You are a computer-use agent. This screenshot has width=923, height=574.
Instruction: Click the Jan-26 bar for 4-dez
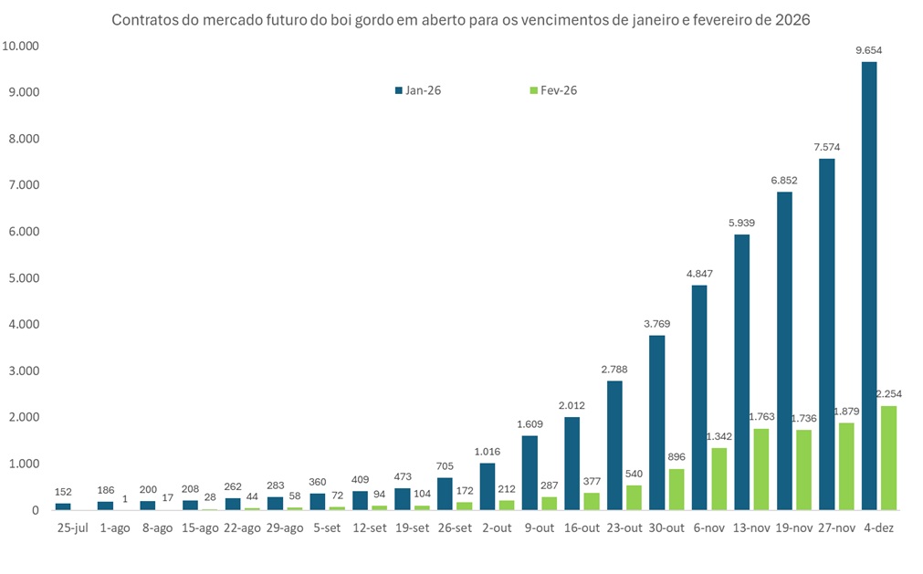869,286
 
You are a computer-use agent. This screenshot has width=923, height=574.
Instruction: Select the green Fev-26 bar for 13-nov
761,469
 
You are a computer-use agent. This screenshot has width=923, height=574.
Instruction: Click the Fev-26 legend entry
553,90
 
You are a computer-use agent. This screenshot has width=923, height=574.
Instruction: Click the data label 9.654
868,50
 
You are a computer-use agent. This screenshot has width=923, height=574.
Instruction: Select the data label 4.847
699,274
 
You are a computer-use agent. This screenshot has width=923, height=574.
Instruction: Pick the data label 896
677,456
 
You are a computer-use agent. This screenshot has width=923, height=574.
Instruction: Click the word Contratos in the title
145,20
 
